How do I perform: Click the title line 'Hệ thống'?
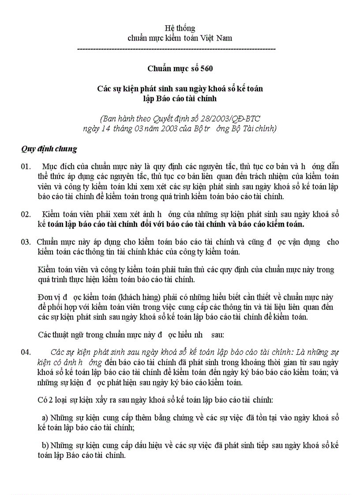point(180,29)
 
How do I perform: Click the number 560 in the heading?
point(207,68)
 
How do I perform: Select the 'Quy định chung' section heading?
point(49,149)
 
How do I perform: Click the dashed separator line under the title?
point(176,49)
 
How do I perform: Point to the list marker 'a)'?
point(45,417)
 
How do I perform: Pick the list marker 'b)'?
point(45,446)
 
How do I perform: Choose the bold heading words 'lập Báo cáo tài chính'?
point(180,98)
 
